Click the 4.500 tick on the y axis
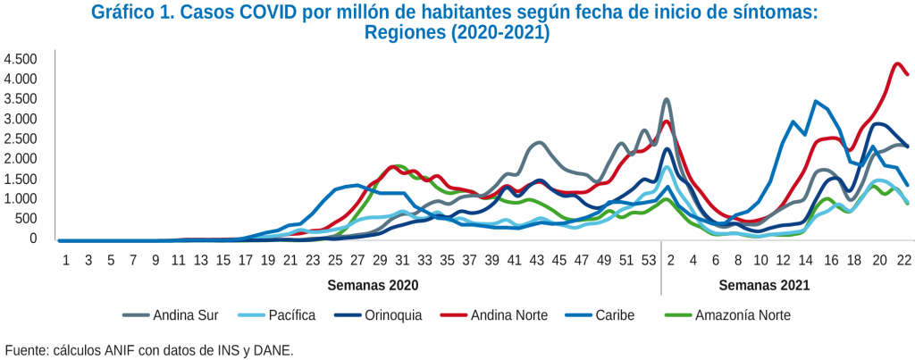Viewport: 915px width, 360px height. coord(20,59)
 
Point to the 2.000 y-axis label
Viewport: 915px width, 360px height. coord(20,159)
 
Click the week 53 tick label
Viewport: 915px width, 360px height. coord(650,260)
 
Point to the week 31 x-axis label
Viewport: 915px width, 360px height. coord(403,260)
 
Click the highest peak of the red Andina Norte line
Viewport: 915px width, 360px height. coord(897,63)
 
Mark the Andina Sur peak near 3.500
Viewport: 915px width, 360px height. coord(667,99)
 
